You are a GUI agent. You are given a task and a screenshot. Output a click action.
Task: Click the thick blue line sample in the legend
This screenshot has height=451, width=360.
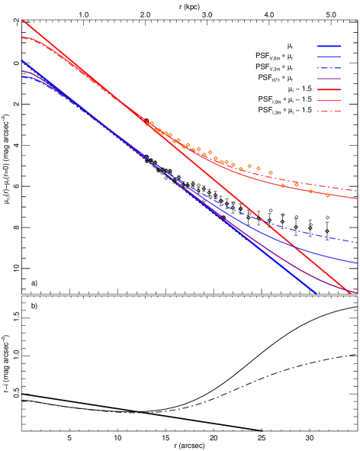coord(329,46)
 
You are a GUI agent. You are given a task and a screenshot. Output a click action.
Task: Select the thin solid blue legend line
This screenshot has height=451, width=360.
coord(329,56)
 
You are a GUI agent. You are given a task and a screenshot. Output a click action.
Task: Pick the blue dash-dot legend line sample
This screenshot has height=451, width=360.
coord(329,68)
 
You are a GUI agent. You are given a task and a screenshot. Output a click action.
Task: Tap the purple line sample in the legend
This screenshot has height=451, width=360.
coord(329,79)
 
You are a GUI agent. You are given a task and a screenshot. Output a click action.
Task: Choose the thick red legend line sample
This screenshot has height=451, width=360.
coord(329,89)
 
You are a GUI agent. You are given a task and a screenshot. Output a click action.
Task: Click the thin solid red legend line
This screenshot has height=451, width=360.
coord(329,100)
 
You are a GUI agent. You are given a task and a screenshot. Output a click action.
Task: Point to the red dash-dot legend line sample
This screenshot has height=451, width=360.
coord(329,111)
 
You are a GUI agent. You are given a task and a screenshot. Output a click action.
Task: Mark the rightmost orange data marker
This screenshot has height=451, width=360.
coord(327,195)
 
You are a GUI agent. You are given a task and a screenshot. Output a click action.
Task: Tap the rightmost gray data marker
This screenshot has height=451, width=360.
coord(327,217)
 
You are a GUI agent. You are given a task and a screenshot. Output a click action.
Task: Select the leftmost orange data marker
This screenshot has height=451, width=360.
coord(147,124)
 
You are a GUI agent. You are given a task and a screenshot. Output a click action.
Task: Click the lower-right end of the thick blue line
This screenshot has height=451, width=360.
coord(316,293)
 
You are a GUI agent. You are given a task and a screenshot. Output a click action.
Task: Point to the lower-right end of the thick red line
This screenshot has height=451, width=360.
coord(352,293)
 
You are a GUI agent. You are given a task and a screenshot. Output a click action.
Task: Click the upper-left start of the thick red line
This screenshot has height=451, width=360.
coord(23,21)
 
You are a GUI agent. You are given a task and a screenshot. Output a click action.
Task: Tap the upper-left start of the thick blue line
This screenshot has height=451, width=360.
coord(23,61)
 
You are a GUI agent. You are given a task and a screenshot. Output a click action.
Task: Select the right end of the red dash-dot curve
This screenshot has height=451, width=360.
coord(358,190)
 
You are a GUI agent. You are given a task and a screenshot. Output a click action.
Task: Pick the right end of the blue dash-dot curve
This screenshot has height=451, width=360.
coord(358,243)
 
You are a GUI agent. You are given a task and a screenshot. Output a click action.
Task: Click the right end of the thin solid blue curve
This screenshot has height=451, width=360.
coord(358,263)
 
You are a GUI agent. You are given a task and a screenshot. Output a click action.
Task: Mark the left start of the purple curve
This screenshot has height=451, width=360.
coord(23,71)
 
